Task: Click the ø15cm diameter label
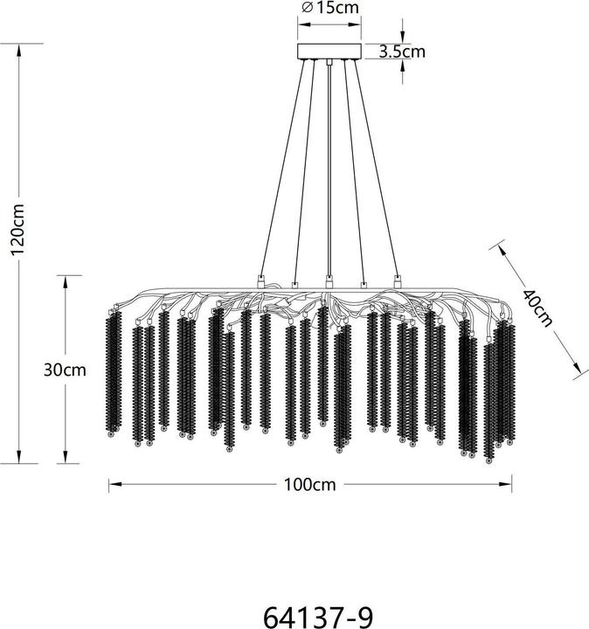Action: click(x=329, y=8)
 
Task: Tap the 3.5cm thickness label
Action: click(x=402, y=52)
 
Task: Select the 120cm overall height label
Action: click(x=18, y=230)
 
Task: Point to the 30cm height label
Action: click(x=65, y=370)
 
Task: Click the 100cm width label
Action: click(x=309, y=485)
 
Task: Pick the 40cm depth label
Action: click(x=537, y=308)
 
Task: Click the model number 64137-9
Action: click(x=318, y=617)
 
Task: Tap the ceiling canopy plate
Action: click(x=329, y=52)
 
